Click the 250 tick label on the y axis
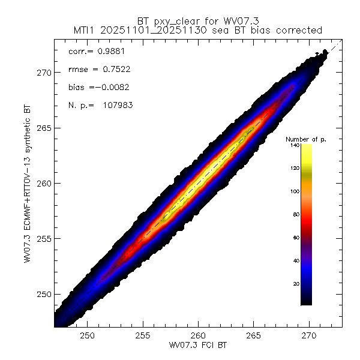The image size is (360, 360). coord(45,294)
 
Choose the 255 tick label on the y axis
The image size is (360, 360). coord(45,239)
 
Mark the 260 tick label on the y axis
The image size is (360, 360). coord(45,183)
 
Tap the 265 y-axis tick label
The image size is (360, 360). coord(45,128)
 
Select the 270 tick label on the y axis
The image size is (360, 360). coord(45,73)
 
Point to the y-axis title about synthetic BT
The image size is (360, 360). coord(28,185)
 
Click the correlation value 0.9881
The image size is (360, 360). coord(106,52)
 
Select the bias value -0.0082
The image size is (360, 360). coord(110,87)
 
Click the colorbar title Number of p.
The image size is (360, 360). coord(306,139)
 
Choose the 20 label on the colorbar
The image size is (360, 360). coord(295,283)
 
